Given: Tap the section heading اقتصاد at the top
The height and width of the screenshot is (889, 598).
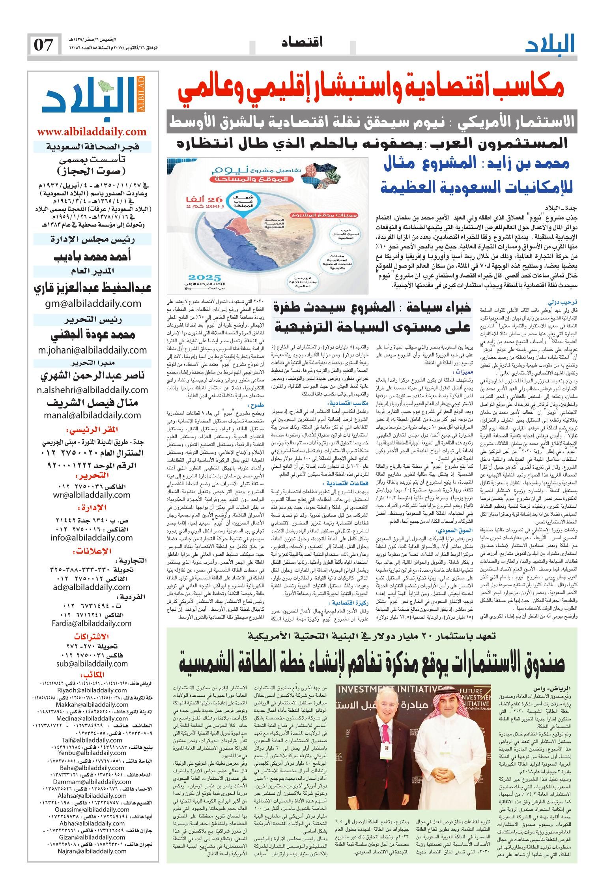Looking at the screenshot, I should tap(303, 42).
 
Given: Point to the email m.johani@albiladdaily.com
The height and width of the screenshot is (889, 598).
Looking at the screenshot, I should tap(92, 350).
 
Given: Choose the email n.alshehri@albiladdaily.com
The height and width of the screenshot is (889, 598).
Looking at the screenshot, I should tap(92, 390).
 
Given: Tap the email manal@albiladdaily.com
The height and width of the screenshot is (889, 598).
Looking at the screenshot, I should tap(93, 415).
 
